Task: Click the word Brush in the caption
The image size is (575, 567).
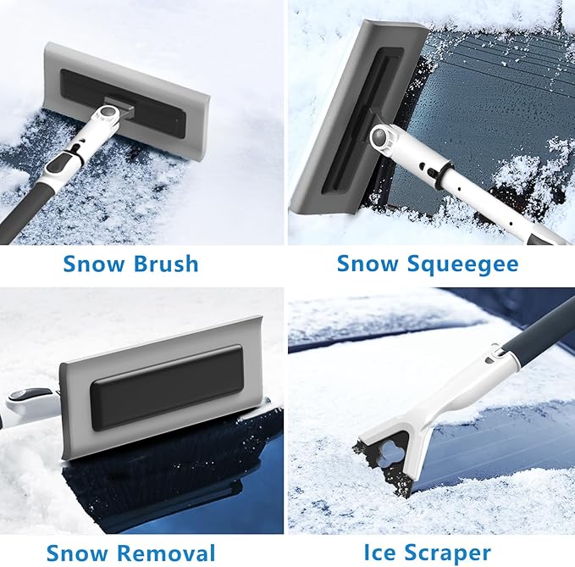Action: [x=165, y=264]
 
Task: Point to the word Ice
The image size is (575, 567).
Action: [x=381, y=553]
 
